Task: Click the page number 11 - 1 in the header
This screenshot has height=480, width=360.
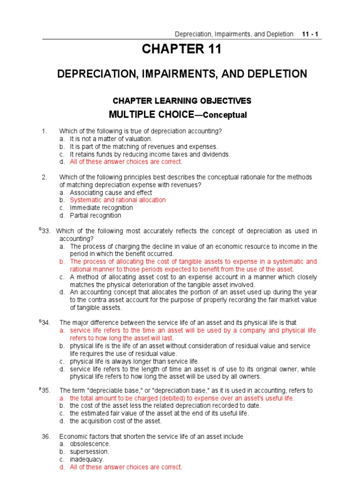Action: point(310,34)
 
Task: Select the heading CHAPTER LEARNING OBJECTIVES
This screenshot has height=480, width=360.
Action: point(182,101)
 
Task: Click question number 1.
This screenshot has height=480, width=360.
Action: point(45,131)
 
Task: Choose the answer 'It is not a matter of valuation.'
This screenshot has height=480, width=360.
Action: point(111,139)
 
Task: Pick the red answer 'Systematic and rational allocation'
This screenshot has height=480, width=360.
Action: point(118,200)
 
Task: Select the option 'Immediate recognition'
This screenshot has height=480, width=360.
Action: point(101,208)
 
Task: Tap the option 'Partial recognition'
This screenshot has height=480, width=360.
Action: point(96,216)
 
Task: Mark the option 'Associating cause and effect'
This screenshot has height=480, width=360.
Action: point(111,192)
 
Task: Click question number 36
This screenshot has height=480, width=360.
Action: point(45,436)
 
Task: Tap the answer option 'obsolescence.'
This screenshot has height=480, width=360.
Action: point(90,444)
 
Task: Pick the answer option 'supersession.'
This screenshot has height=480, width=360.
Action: point(90,452)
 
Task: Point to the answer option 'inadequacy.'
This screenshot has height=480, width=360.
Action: point(88,459)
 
